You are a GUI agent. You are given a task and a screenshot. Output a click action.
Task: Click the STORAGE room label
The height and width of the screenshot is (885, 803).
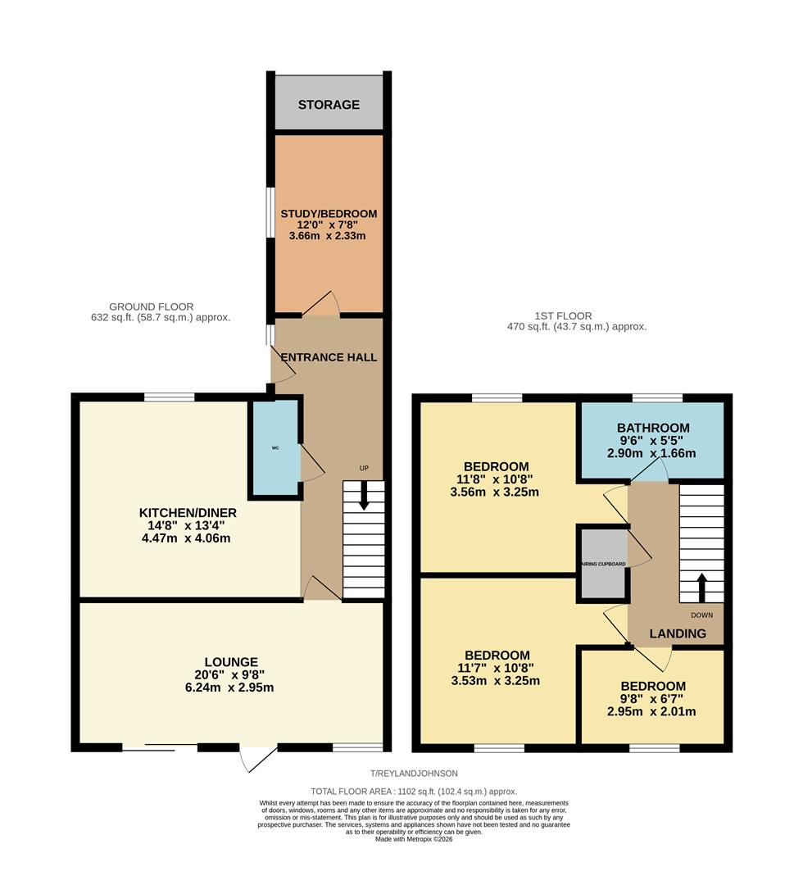coord(329,105)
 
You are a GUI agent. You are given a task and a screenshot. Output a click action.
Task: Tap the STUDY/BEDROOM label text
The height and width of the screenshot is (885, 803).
coord(329,214)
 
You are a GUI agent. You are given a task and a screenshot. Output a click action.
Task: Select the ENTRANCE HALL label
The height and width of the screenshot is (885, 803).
coord(329,357)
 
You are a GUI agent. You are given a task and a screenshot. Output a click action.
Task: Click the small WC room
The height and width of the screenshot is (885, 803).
coord(276,447)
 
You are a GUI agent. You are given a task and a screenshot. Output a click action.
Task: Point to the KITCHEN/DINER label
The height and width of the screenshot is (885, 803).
coord(188,514)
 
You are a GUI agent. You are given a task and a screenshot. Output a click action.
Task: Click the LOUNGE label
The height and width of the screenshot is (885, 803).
coord(232,662)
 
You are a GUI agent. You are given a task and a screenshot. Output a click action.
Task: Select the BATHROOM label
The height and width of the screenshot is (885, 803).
coord(653,428)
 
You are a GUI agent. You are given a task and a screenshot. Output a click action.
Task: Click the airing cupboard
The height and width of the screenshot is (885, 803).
coord(603,564)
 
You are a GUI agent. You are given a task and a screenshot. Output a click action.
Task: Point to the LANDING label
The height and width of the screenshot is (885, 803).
coord(678,633)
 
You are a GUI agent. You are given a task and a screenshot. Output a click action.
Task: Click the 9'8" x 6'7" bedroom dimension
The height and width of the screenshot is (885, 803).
coord(652,699)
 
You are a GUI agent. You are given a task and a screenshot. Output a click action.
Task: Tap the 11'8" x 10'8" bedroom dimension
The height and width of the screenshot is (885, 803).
coord(497,480)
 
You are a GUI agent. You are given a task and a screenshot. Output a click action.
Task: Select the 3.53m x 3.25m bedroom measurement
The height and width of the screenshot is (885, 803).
coord(497,681)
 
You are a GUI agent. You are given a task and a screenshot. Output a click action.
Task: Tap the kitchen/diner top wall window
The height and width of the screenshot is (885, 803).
coord(170,397)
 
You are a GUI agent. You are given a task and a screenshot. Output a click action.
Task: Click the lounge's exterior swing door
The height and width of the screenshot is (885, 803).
coord(258,759)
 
